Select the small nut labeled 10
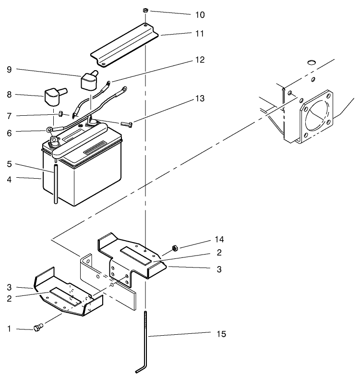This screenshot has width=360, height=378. [x=145, y=10]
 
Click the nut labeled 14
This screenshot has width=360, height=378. [x=175, y=247]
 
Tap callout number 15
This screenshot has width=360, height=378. [x=218, y=333]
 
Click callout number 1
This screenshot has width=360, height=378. [x=9, y=329]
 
